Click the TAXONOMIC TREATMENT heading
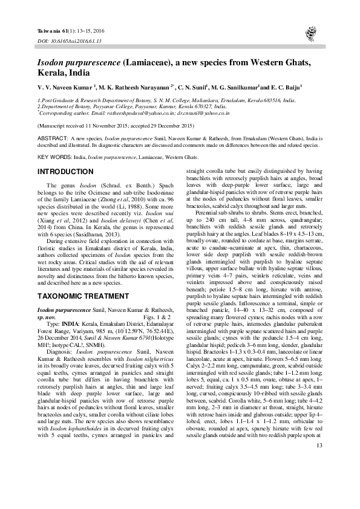click(80, 297)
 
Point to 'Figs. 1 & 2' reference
click(156, 316)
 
